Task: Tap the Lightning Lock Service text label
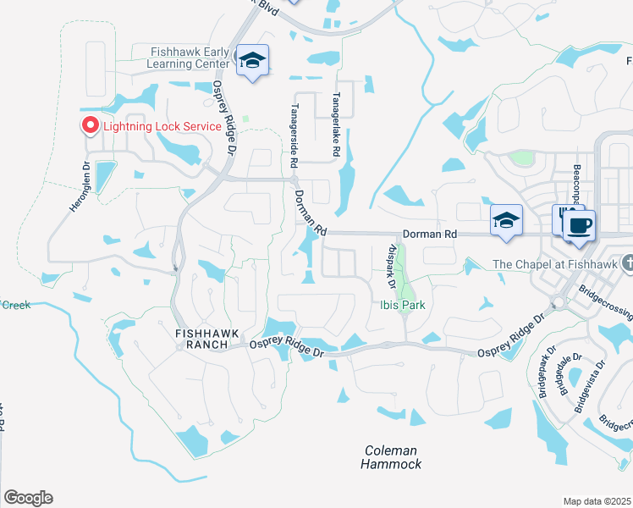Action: pyautogui.click(x=162, y=127)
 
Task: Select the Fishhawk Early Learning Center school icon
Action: pyautogui.click(x=251, y=60)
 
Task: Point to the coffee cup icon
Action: pyautogui.click(x=579, y=226)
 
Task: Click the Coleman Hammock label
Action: pyautogui.click(x=391, y=457)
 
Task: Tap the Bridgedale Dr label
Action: pyautogui.click(x=565, y=374)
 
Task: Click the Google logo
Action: pyautogui.click(x=28, y=498)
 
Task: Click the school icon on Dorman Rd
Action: pyautogui.click(x=506, y=221)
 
